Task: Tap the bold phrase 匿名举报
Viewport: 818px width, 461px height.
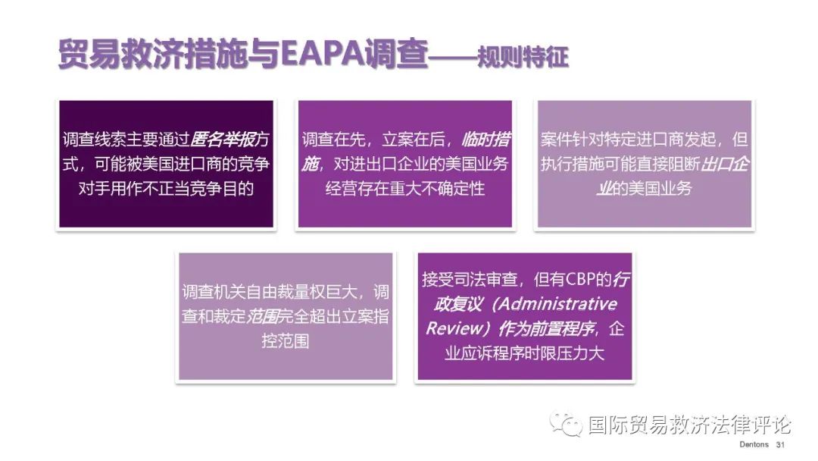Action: (x=223, y=140)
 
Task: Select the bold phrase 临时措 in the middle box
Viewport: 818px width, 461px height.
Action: (x=486, y=140)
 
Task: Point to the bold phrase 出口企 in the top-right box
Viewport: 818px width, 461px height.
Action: (x=724, y=164)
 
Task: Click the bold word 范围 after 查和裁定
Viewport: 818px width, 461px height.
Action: (x=262, y=316)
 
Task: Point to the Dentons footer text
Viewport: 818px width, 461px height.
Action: (x=754, y=444)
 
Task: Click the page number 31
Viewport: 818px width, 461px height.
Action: (x=780, y=444)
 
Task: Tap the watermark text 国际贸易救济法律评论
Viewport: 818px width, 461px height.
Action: (x=690, y=425)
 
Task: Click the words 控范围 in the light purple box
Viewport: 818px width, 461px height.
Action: (x=286, y=341)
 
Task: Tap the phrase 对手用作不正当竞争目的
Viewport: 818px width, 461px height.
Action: (x=166, y=189)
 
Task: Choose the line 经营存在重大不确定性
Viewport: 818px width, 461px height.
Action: (x=404, y=189)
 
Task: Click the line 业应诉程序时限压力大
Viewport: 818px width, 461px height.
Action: (x=524, y=353)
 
